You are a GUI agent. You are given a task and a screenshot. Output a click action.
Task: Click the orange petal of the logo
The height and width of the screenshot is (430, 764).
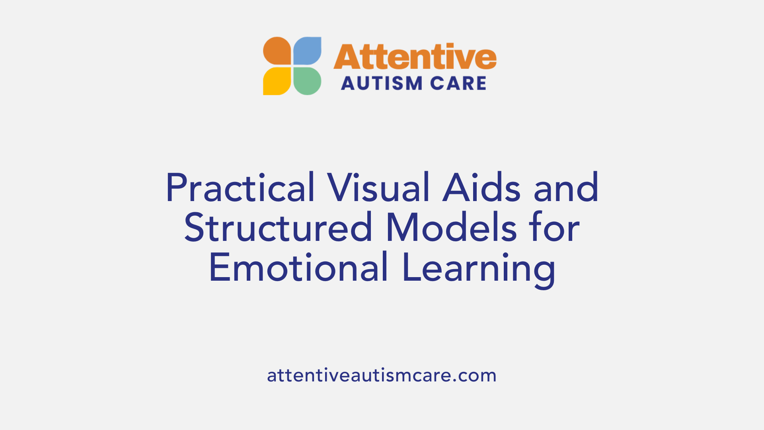(x=277, y=51)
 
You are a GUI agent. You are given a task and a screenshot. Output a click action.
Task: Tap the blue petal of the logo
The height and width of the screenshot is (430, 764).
(x=307, y=51)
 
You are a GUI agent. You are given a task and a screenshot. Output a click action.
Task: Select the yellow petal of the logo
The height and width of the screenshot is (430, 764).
(x=277, y=81)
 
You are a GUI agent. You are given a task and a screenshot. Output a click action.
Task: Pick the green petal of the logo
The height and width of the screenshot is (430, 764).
(x=307, y=81)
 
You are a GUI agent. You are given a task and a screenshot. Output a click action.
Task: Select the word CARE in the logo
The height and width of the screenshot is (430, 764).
(x=458, y=84)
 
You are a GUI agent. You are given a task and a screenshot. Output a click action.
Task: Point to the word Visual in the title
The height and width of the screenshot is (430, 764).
(x=379, y=188)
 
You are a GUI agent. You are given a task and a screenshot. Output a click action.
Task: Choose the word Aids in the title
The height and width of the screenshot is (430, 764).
(x=481, y=188)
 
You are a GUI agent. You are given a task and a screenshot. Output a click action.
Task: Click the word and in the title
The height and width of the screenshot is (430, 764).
(x=566, y=188)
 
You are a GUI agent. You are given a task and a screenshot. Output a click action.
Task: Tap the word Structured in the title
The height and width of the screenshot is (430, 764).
(x=278, y=227)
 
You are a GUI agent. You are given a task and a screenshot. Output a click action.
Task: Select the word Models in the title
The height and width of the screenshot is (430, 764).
(x=451, y=227)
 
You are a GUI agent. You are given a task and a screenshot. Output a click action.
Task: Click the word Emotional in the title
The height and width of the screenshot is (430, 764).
(x=298, y=267)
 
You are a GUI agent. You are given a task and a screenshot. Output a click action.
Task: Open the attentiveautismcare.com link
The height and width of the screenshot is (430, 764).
(x=382, y=375)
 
